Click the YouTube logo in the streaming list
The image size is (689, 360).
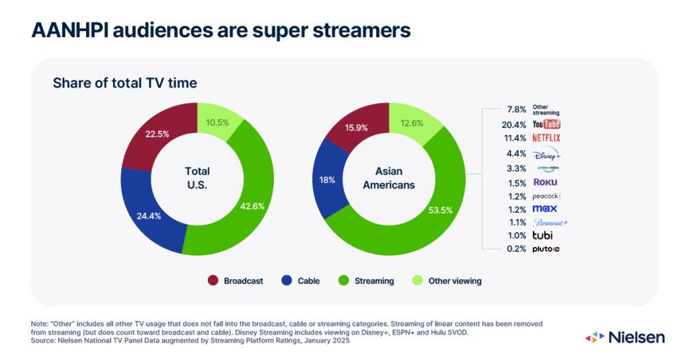546,124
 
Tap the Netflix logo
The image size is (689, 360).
546,139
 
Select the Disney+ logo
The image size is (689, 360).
546,153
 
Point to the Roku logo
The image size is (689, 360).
544,182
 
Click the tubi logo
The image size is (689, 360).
542,236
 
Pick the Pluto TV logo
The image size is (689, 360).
546,249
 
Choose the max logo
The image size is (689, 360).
544,209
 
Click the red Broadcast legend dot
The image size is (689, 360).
213,281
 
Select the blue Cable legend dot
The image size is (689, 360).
287,281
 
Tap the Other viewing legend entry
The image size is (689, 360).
448,281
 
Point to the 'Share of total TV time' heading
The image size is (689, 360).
125,83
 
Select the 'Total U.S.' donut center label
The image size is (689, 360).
197,177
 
